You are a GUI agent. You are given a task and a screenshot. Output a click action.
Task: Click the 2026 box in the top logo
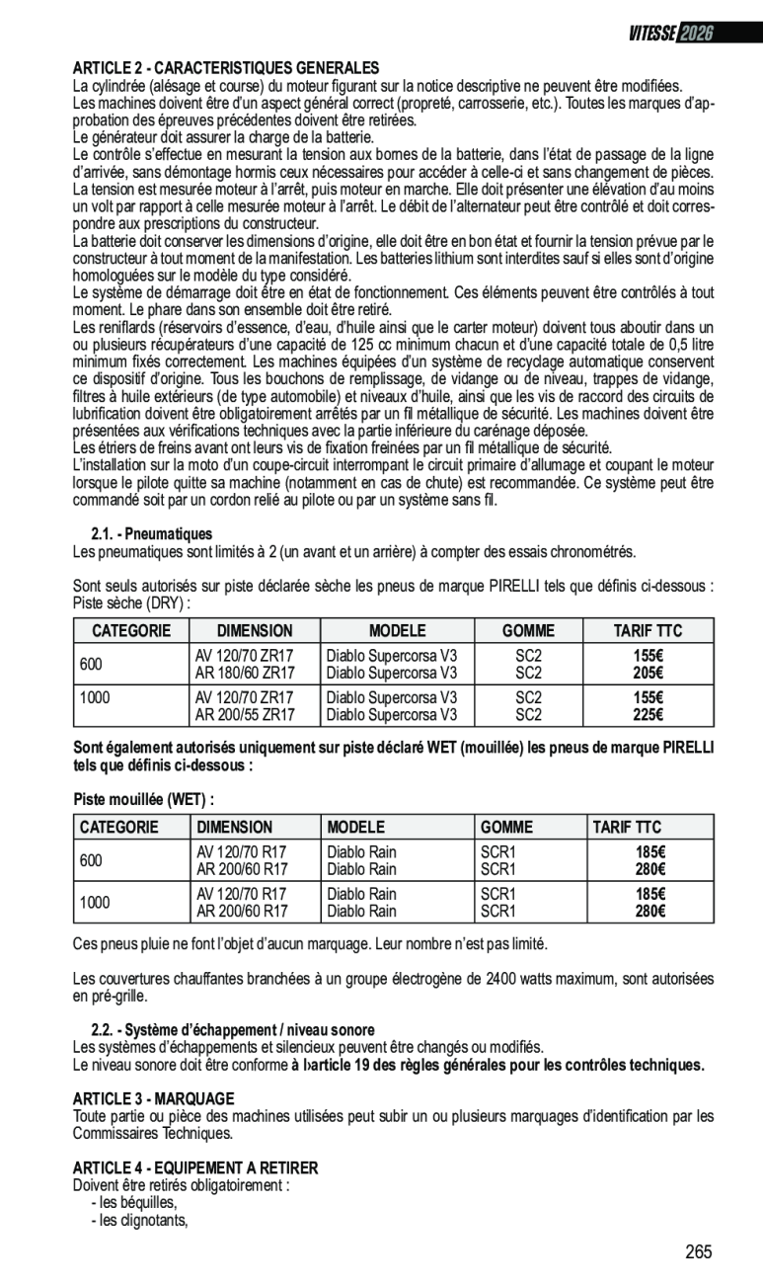(x=695, y=33)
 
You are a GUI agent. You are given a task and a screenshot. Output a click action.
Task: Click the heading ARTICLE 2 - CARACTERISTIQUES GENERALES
(x=226, y=68)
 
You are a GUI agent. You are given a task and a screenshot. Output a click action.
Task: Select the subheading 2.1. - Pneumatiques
(x=152, y=533)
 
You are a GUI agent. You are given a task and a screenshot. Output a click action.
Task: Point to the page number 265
(x=699, y=1252)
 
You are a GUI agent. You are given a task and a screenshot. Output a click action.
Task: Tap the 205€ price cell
(x=648, y=673)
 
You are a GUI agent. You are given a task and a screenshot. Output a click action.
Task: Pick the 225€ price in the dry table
(x=648, y=715)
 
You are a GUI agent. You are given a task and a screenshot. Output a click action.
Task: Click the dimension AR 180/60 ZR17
(x=245, y=673)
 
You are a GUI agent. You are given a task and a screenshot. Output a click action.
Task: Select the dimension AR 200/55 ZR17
(x=245, y=715)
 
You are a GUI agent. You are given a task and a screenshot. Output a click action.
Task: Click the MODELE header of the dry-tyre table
(x=397, y=631)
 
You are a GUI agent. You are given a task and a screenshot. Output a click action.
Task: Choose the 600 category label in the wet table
(x=91, y=860)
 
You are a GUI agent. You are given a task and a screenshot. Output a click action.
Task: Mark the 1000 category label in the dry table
(x=95, y=697)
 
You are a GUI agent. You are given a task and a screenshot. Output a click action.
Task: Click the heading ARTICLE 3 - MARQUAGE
(x=153, y=1098)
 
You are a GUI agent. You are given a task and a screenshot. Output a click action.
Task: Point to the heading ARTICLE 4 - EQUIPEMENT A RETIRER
(x=195, y=1167)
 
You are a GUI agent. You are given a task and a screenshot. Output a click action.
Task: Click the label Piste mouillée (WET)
(x=144, y=798)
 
